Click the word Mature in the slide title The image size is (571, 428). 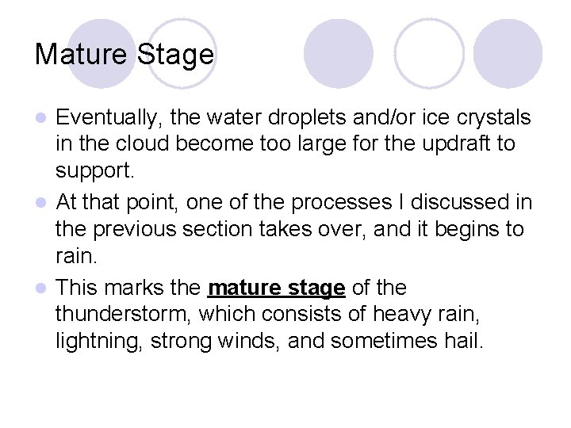[x=82, y=55]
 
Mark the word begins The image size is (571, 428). [x=468, y=229]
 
